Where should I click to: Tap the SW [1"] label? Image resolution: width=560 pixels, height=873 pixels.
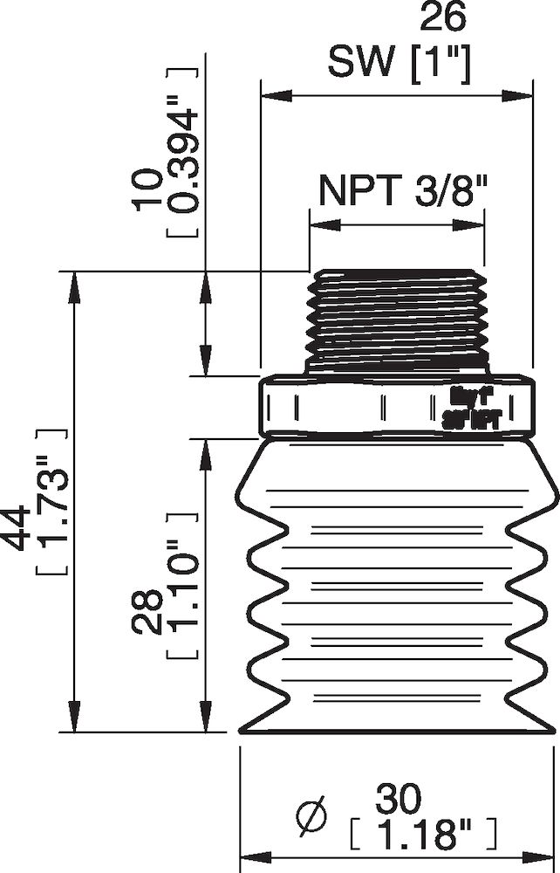point(399,62)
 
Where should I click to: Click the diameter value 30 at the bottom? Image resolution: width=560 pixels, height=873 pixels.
point(399,797)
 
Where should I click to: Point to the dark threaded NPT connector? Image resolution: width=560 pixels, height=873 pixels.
point(397,321)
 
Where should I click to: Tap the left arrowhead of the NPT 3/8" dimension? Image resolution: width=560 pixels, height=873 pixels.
point(318,223)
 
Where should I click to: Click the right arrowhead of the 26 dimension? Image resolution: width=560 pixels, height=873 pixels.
point(522,93)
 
